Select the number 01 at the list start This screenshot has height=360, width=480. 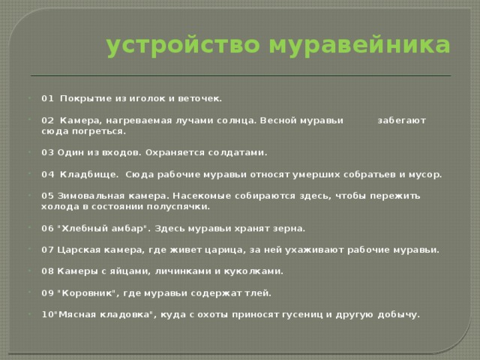[48, 97]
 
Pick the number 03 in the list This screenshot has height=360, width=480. [48, 151]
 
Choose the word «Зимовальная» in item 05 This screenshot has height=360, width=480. [87, 195]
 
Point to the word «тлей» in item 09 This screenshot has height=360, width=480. [258, 292]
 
